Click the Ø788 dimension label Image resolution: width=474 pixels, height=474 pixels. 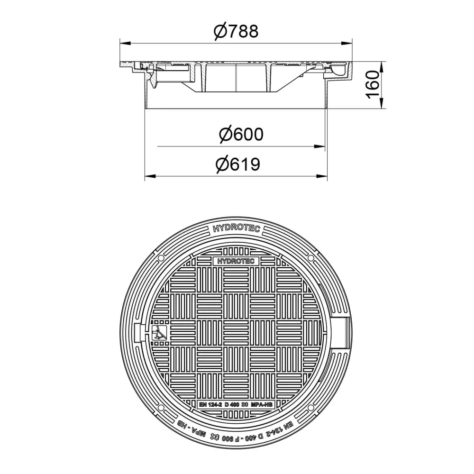coord(236,31)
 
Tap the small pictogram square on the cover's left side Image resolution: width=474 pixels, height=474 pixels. coord(159,333)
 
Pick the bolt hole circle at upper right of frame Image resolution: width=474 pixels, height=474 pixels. coord(311,258)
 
